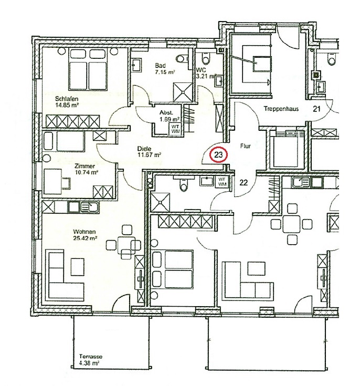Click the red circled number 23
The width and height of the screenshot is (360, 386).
[x=218, y=155]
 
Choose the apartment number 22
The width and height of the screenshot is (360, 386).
[x=243, y=182]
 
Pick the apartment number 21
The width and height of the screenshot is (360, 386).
[x=316, y=109]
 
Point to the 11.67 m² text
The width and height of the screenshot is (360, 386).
[x=149, y=155]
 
